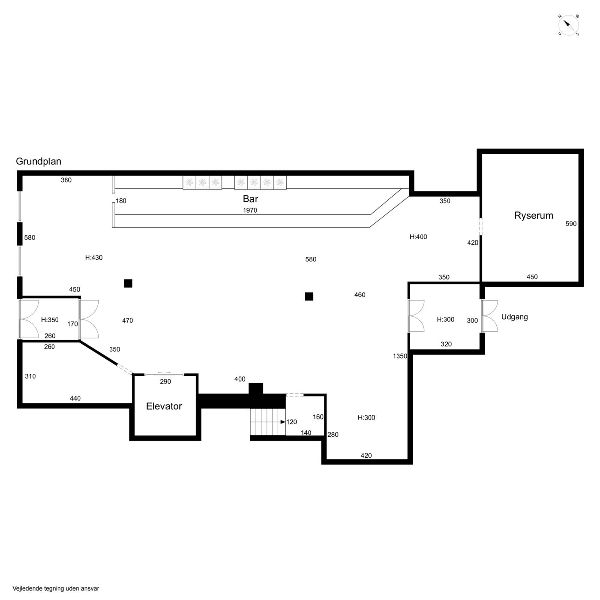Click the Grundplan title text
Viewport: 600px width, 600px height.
[38, 161]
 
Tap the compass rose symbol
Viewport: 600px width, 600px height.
[569, 25]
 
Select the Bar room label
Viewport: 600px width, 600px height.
[250, 199]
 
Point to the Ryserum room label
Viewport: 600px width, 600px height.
[534, 216]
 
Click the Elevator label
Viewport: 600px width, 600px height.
[164, 406]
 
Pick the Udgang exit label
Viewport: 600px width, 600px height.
[514, 317]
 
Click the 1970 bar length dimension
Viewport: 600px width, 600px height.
[250, 210]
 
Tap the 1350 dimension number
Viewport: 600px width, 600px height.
[400, 356]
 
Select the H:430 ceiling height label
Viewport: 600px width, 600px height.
[94, 258]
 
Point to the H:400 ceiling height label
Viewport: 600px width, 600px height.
[418, 237]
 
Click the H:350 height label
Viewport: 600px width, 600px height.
[50, 320]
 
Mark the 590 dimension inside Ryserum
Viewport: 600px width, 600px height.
[571, 224]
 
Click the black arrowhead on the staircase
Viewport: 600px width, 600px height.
[283, 422]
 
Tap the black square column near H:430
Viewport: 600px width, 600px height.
[128, 283]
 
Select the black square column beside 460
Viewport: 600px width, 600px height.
[309, 297]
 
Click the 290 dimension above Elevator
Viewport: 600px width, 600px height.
[165, 381]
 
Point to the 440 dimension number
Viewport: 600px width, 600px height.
[75, 398]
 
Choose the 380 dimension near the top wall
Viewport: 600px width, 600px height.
[66, 180]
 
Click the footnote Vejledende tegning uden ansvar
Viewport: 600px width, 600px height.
[56, 588]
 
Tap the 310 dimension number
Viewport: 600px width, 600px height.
[30, 376]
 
